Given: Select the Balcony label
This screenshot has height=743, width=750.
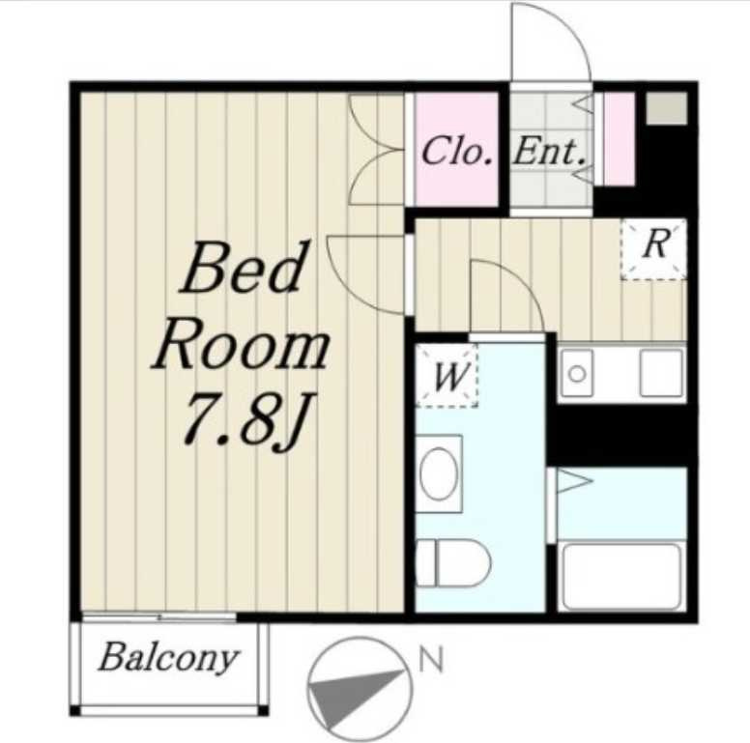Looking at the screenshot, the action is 168,658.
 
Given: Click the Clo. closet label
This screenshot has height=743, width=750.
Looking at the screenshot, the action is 456,151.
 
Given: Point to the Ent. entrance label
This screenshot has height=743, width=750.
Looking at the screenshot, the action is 549,152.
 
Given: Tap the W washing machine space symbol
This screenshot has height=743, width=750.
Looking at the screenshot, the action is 447,376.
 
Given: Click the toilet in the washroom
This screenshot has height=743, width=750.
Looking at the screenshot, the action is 453,562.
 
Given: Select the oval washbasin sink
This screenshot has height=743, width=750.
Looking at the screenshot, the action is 439,473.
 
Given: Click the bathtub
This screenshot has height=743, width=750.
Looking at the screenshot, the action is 621,577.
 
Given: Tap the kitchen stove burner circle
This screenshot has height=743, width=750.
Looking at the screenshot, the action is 577,374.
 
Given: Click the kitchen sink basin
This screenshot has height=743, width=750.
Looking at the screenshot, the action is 661,373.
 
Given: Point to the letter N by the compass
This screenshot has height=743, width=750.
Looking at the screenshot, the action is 431,660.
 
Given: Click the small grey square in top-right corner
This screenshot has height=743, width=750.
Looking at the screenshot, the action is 667,109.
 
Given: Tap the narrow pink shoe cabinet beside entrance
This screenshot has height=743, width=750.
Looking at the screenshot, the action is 619,139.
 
